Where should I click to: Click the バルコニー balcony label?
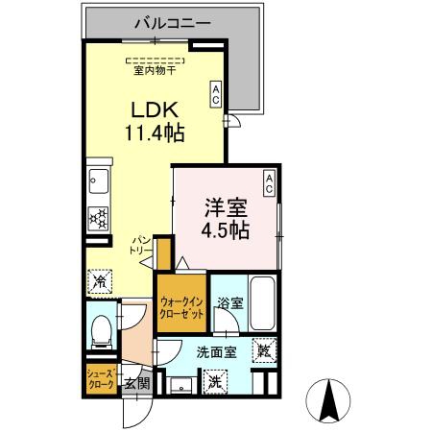pyautogui.click(x=173, y=23)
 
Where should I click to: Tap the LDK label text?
pyautogui.click(x=155, y=109)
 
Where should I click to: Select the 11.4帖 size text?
pyautogui.click(x=155, y=133)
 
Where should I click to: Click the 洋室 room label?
pyautogui.click(x=226, y=207)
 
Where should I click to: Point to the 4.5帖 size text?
pyautogui.click(x=226, y=229)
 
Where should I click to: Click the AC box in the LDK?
pyautogui.click(x=216, y=93)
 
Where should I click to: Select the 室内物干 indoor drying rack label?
pyautogui.click(x=155, y=71)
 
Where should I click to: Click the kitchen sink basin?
pyautogui.click(x=99, y=181)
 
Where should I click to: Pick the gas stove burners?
pyautogui.click(x=98, y=219)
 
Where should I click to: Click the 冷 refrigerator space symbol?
pyautogui.click(x=100, y=281)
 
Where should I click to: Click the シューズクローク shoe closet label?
pyautogui.click(x=101, y=379)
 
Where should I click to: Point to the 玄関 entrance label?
pyautogui.click(x=137, y=382)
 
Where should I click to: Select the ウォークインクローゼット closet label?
pyautogui.click(x=181, y=308)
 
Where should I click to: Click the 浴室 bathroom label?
pyautogui.click(x=230, y=303)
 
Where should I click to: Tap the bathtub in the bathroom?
pyautogui.click(x=262, y=303)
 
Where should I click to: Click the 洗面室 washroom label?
pyautogui.click(x=217, y=352)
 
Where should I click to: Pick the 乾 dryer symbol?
pyautogui.click(x=264, y=350)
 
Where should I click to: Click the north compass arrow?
pyautogui.click(x=329, y=399)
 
